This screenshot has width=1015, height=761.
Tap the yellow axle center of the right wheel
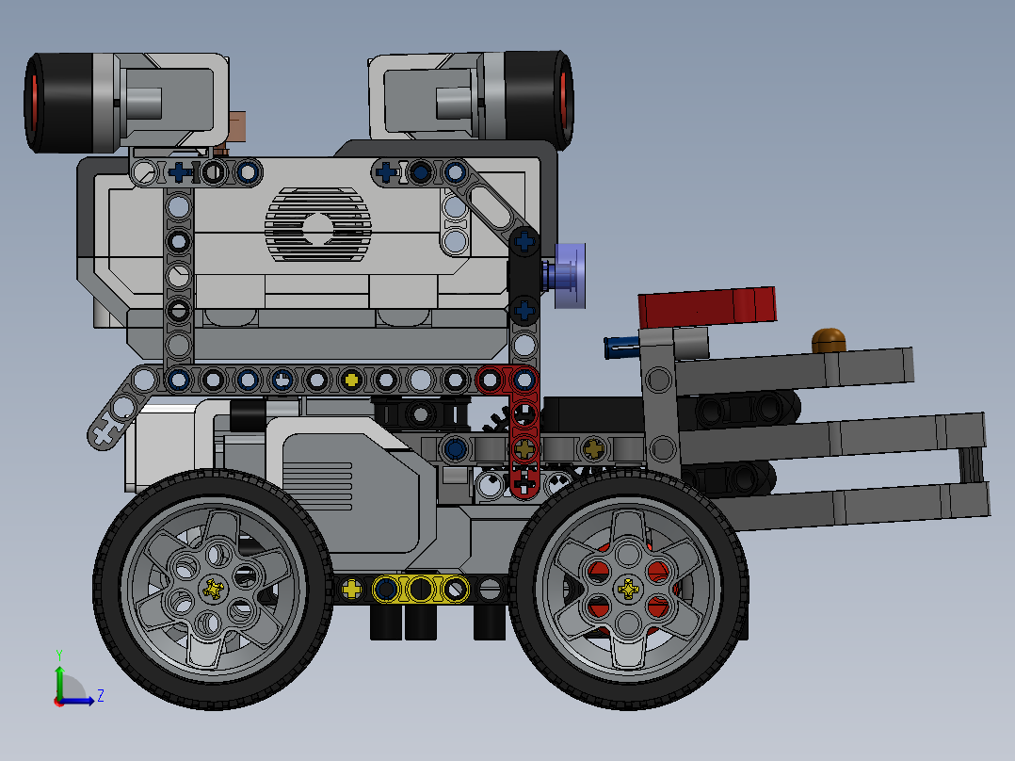click(628, 590)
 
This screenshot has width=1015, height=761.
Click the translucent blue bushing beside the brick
click(571, 275)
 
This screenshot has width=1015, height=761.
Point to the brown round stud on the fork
click(828, 339)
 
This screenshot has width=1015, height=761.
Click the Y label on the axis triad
click(58, 654)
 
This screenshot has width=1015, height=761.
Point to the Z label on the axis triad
click(100, 696)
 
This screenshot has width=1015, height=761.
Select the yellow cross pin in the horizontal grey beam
click(351, 380)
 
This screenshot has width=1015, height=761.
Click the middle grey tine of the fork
click(829, 438)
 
